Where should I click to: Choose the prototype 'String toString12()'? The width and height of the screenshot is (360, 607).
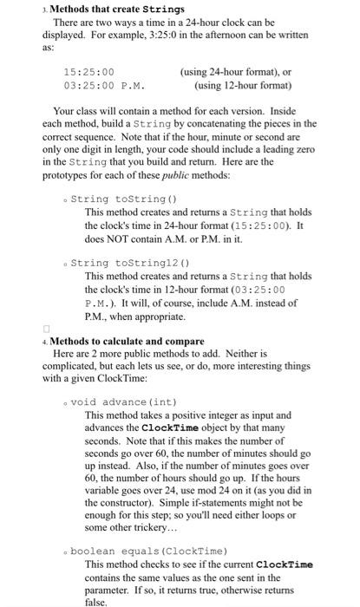[x=129, y=263]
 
